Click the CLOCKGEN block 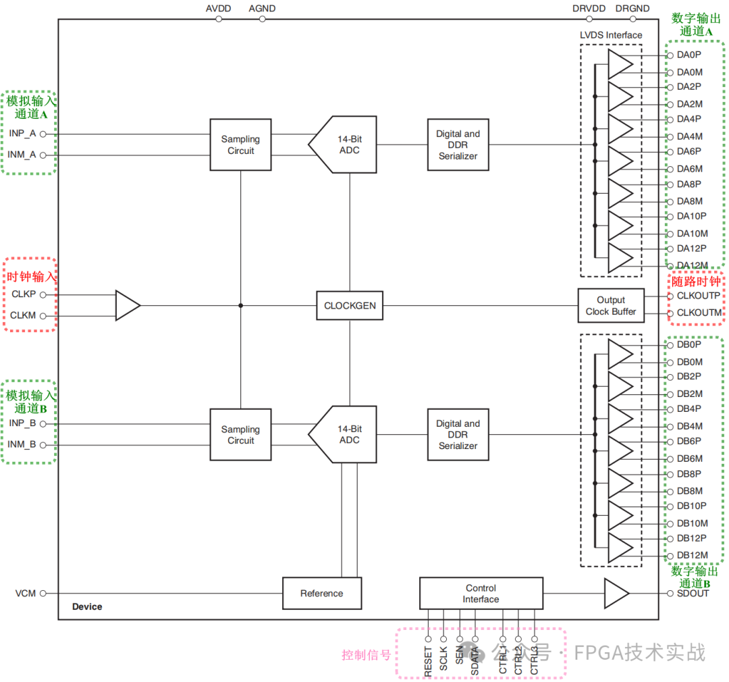coord(350,306)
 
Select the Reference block coord(321,594)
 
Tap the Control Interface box coord(481,594)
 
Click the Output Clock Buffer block coord(610,306)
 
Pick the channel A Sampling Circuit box coord(240,145)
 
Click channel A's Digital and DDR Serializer coord(458,145)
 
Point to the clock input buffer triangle coord(127,305)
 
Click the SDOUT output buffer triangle coord(616,594)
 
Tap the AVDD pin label coord(219,9)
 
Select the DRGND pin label coord(632,9)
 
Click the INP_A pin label coord(22,133)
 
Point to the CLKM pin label coord(23,315)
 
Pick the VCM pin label coord(25,594)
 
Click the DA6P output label coord(689,151)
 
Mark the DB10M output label coord(692,523)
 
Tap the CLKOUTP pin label coord(698,296)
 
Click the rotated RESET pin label coord(428,662)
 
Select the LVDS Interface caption coord(610,35)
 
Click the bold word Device coord(87,606)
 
